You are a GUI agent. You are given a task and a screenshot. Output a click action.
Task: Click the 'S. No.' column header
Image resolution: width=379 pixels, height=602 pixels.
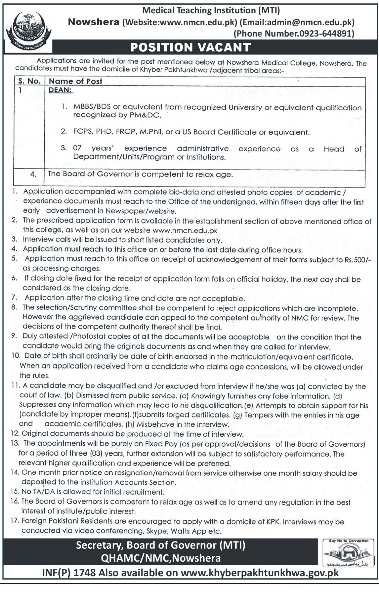[29, 81]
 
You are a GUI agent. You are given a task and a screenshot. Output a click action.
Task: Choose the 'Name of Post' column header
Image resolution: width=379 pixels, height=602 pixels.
[75, 81]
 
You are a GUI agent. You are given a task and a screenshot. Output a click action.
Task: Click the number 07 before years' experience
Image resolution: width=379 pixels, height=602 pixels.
[77, 148]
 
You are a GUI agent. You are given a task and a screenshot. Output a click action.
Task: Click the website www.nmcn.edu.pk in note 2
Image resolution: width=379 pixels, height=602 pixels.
[185, 230]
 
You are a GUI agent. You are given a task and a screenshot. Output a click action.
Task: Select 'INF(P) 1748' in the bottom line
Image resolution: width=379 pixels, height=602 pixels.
[69, 573]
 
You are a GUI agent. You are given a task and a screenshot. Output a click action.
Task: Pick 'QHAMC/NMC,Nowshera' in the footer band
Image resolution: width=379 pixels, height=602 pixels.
[161, 558]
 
